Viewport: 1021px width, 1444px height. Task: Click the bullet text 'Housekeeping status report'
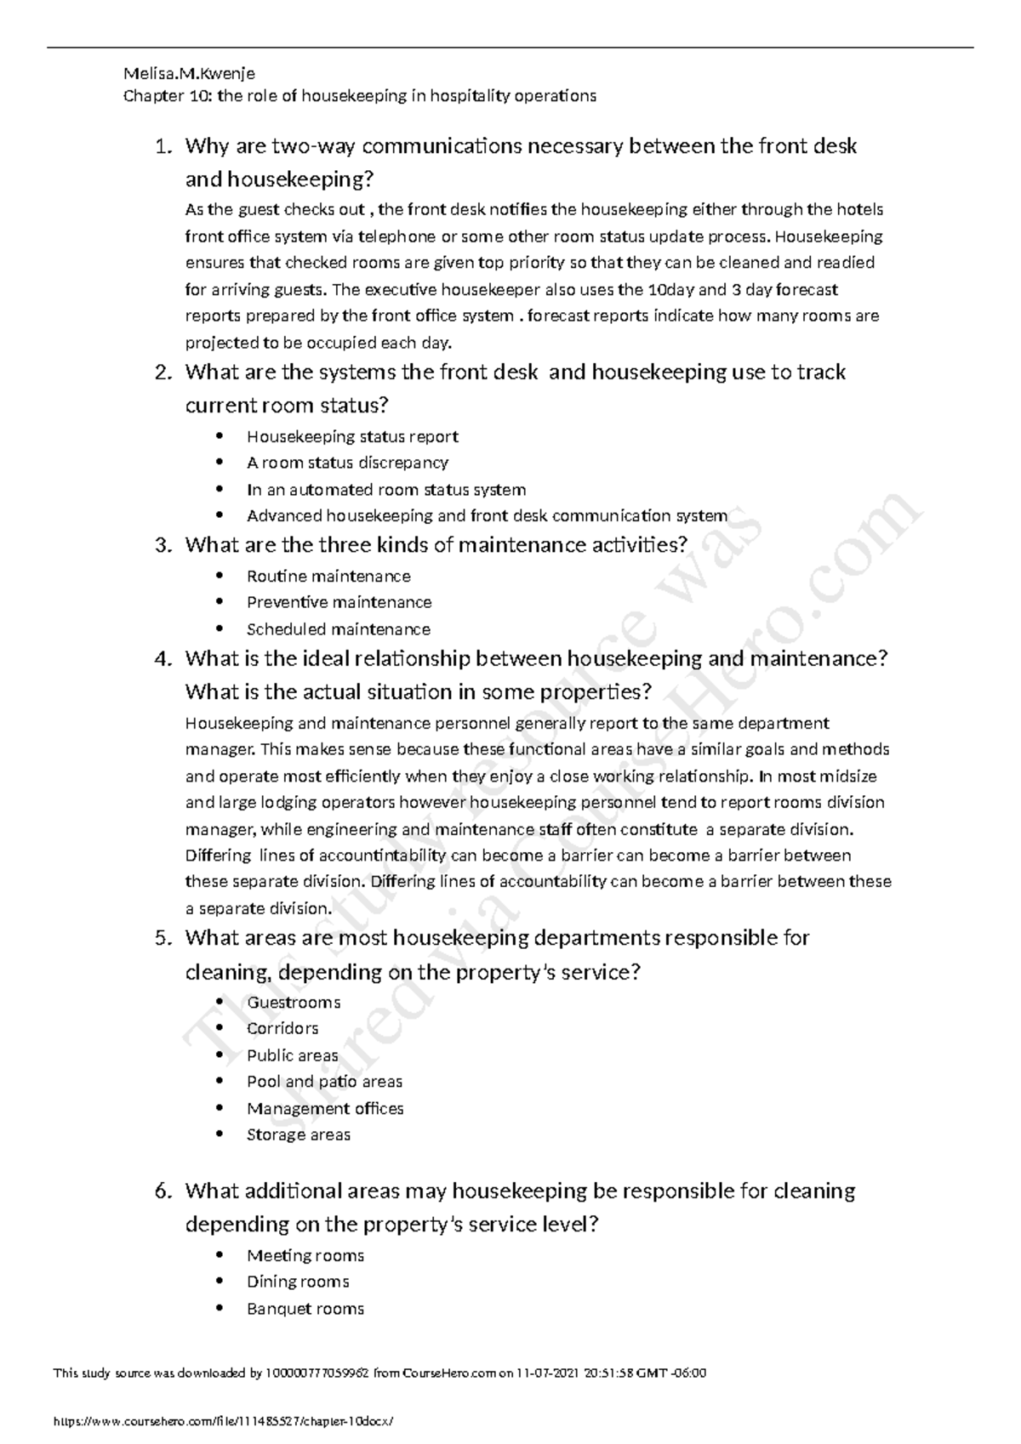pos(352,436)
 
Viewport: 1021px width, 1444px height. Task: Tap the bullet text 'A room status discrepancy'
pos(347,463)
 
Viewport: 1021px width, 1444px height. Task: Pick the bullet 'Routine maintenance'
pos(328,576)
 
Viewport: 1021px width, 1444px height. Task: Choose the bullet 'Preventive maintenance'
pos(339,602)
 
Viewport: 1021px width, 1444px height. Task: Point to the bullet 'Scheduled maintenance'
pos(338,629)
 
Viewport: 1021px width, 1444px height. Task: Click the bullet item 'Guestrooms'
pos(294,1002)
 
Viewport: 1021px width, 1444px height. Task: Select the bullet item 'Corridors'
pos(282,1028)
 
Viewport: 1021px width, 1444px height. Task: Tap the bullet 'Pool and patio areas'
pos(324,1082)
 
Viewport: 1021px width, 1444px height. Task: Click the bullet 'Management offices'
pos(325,1108)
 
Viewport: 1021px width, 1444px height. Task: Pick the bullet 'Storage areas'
pos(298,1134)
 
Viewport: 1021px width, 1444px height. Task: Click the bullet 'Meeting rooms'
pos(305,1255)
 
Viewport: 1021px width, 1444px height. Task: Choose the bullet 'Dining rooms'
pos(298,1282)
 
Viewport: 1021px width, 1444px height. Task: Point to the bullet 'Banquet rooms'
pos(305,1309)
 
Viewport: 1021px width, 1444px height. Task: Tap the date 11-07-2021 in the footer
pos(553,1373)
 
